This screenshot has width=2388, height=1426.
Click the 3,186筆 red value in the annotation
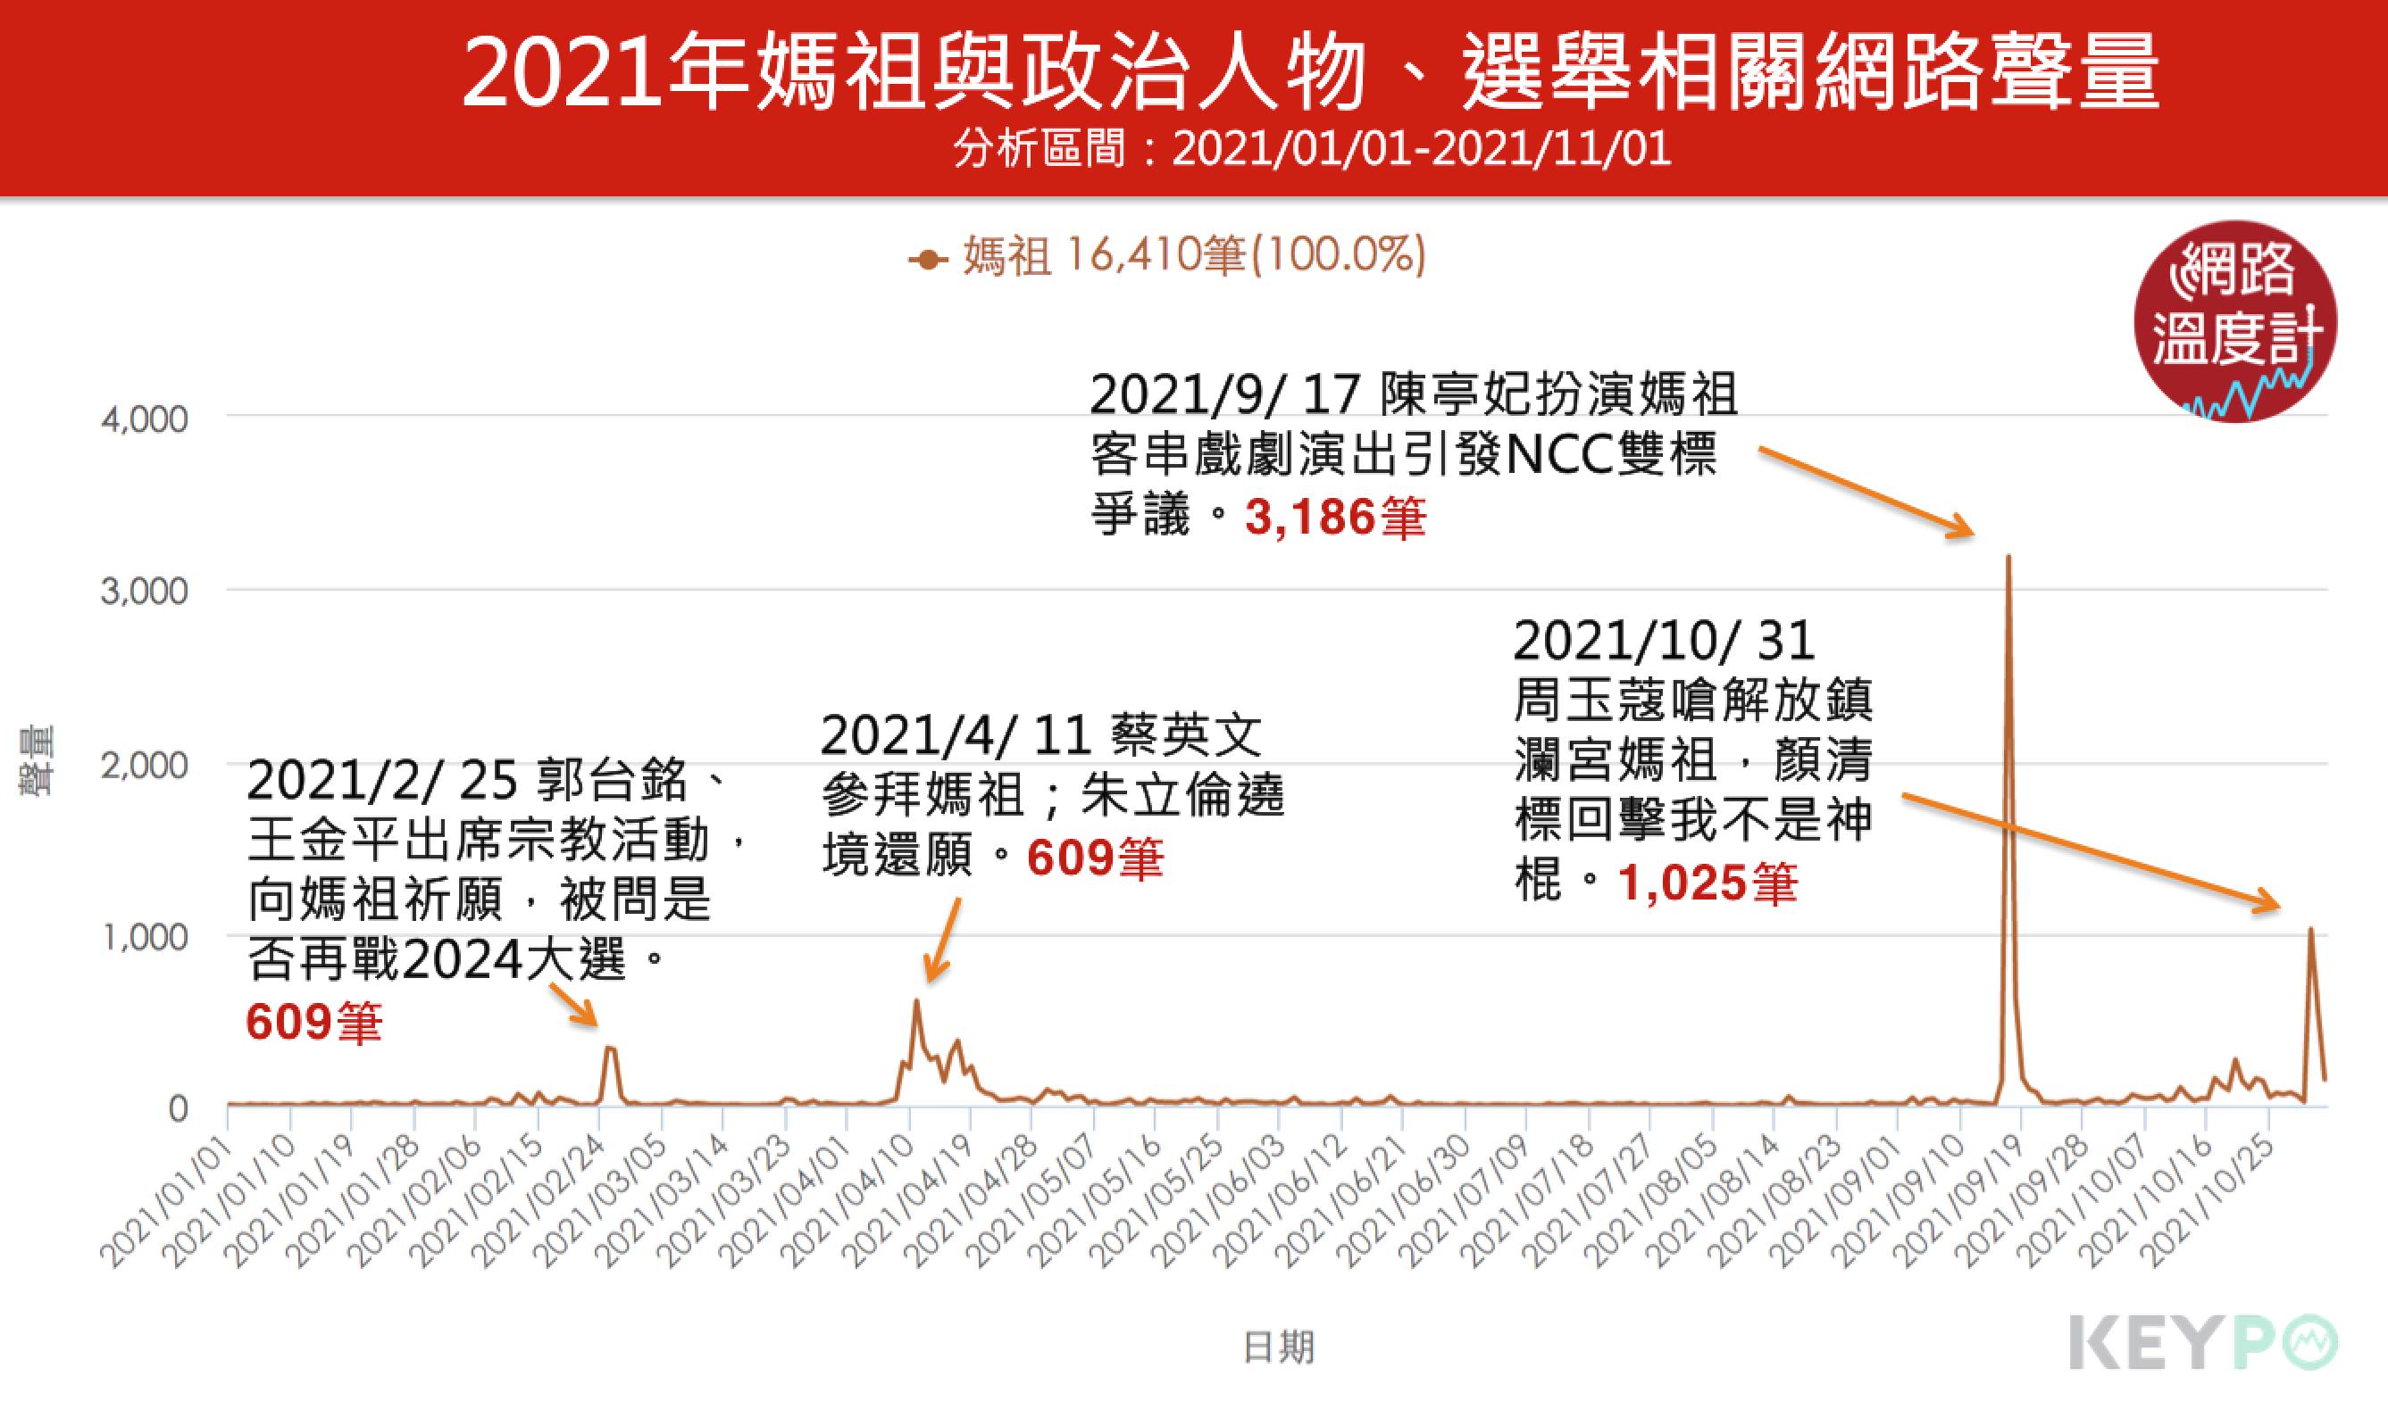click(1334, 518)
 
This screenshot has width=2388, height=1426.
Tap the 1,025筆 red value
click(1707, 883)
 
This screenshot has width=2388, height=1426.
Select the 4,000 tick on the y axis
click(144, 420)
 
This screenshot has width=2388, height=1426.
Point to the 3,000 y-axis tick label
click(144, 591)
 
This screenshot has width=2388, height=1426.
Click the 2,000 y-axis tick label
click(144, 766)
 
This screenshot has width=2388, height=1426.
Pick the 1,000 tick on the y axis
click(144, 937)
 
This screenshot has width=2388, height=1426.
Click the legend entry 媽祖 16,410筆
click(1168, 257)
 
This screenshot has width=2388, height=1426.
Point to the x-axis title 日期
click(1278, 1347)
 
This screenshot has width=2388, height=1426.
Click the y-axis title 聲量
click(38, 761)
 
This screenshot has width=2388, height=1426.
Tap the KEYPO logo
click(2202, 1342)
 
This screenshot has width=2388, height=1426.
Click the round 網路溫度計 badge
click(2235, 322)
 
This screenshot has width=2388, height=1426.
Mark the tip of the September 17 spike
click(2008, 558)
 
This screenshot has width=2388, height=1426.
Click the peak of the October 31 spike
click(2311, 929)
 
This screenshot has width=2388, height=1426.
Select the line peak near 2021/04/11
click(916, 1001)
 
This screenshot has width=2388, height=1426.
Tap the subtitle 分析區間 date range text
click(1312, 149)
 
